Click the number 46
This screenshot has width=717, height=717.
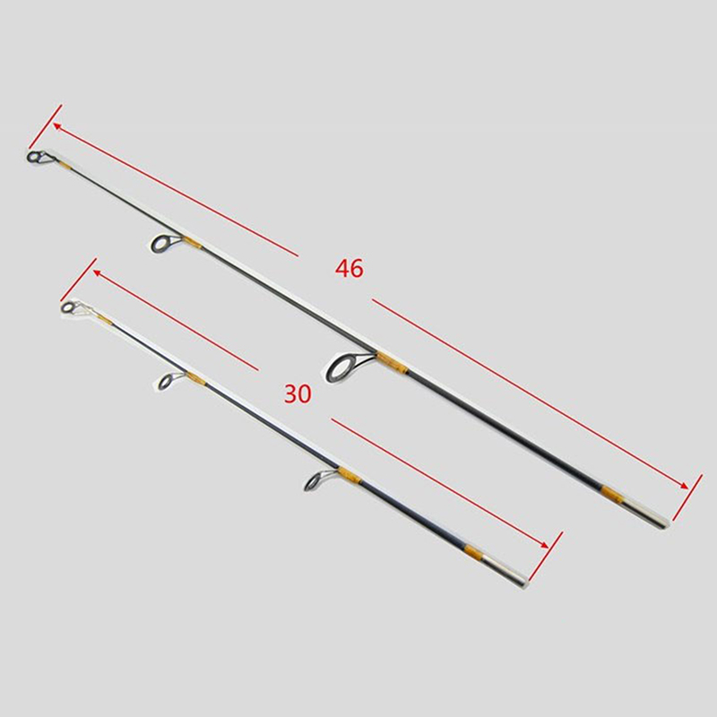pos(350,268)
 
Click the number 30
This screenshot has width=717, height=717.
pos(298,393)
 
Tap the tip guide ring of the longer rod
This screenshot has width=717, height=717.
pos(34,157)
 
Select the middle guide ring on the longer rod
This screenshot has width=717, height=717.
pos(161,244)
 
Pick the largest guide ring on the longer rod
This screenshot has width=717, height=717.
pos(342,366)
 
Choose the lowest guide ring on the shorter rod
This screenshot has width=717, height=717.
pos(313,481)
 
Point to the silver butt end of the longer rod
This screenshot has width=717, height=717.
pos(649,514)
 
